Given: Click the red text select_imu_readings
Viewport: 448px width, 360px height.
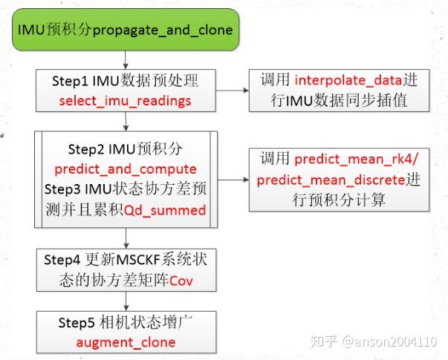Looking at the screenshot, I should point(126,99).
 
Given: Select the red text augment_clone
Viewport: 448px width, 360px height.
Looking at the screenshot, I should point(126,342).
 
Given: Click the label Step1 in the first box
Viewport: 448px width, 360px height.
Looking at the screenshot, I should point(71,80).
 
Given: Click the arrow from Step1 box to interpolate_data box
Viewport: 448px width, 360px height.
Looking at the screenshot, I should point(231,90).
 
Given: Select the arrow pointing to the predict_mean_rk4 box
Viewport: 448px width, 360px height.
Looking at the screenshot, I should point(232,179).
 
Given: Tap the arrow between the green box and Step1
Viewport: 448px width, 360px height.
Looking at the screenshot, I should point(126,59).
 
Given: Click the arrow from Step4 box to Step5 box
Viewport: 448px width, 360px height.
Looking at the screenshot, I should point(126,300).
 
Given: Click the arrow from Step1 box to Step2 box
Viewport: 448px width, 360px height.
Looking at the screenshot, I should point(126,121).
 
